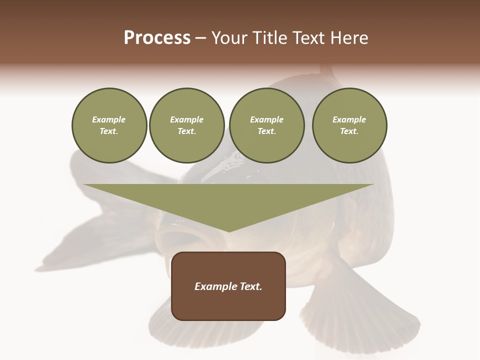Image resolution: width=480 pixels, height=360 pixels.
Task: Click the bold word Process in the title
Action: coord(157,37)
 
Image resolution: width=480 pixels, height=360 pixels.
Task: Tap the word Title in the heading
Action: coord(271,37)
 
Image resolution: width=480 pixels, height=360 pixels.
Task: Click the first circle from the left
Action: coord(109,125)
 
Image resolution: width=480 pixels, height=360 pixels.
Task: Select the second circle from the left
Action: coord(186,125)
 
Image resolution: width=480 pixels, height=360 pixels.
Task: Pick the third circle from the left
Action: coord(266,125)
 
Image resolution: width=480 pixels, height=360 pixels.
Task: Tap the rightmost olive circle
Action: coord(349,125)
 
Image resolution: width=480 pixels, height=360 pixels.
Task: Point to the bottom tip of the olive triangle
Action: coord(229,231)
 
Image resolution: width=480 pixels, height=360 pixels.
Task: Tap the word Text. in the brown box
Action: coord(251,286)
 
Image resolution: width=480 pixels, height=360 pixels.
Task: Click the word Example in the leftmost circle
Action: coord(109,120)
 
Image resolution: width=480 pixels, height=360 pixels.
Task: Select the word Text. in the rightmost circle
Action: coord(349,131)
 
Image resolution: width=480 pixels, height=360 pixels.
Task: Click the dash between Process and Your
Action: coord(200,38)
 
